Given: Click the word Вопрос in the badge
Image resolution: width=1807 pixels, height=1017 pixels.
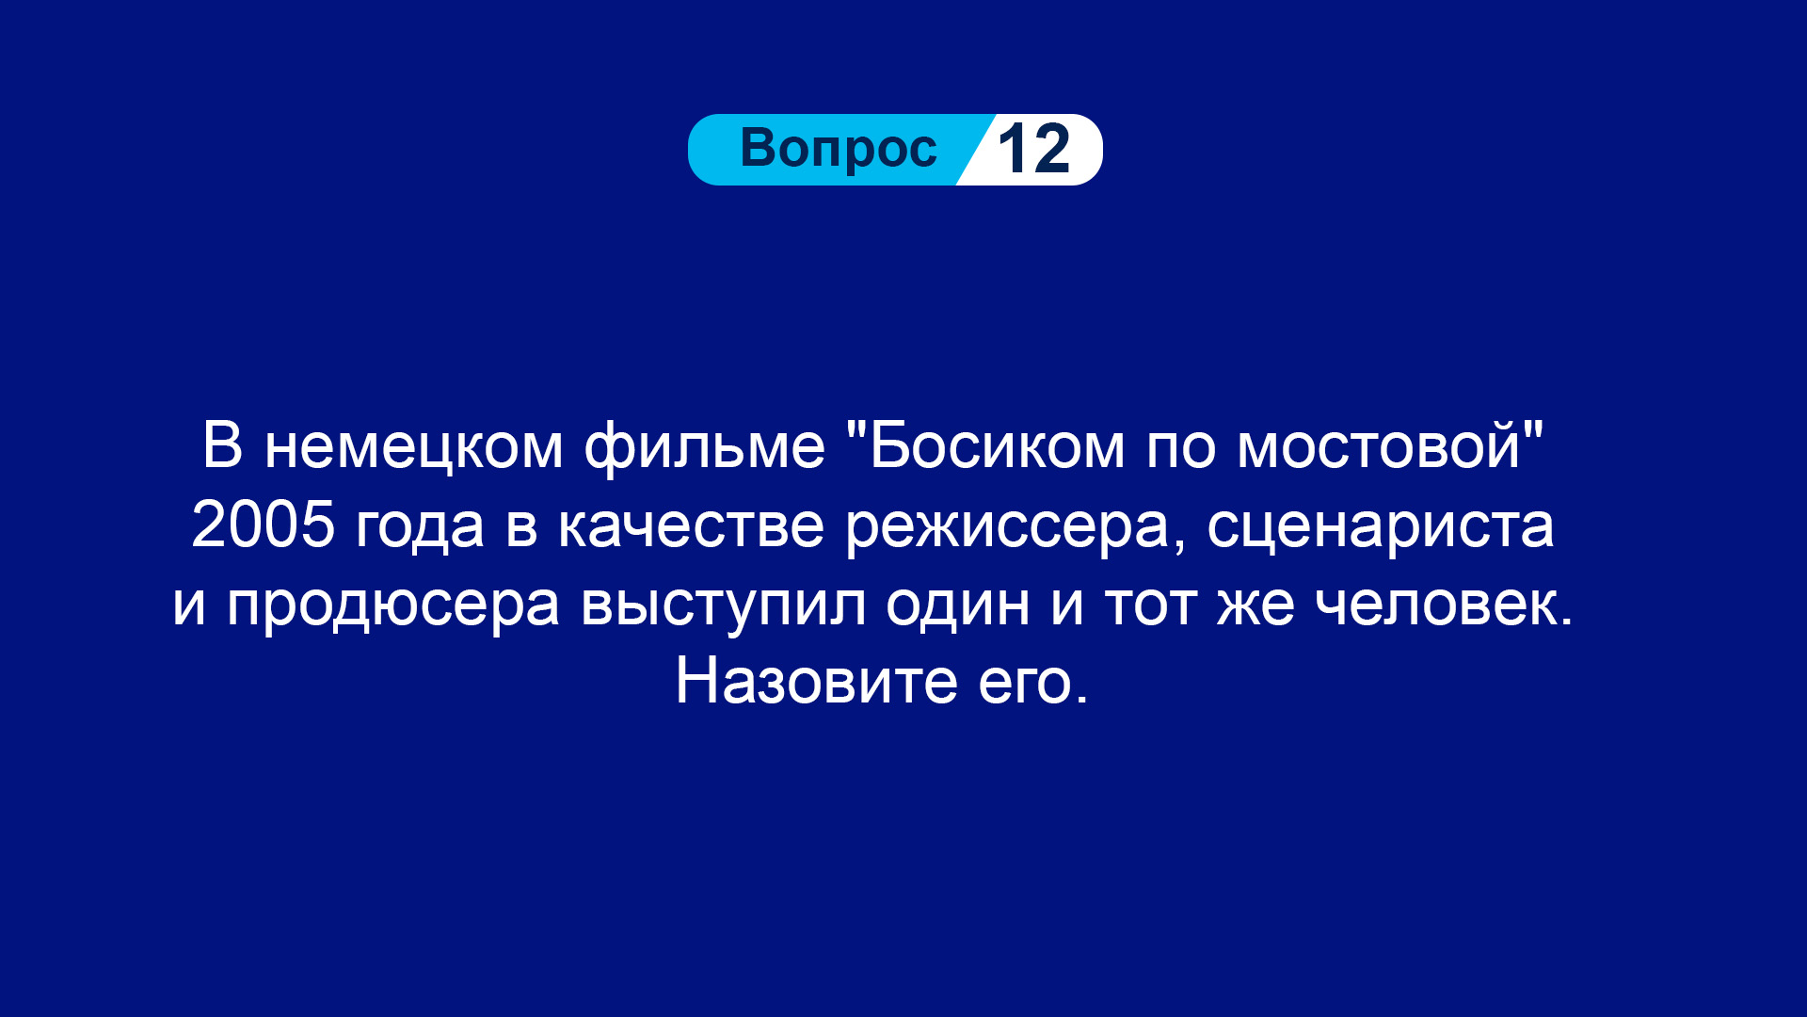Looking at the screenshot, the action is coord(839,148).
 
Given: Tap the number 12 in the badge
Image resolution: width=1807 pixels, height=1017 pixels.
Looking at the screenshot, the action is coord(1033,149).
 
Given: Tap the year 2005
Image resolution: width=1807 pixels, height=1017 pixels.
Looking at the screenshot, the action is coord(264,524).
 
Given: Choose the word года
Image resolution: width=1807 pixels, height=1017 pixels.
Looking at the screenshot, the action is coord(420,527).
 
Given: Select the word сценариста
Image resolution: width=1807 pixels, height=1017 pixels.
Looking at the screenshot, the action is coord(1380,528).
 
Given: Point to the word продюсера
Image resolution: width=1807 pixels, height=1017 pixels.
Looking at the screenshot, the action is coord(392,605).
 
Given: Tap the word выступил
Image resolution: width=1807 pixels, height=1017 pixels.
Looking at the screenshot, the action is coord(723,605).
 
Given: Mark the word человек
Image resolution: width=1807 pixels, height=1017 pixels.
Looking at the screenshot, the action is coord(1444,604).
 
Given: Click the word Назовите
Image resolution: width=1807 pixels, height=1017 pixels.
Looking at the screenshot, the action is coord(816,681).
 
